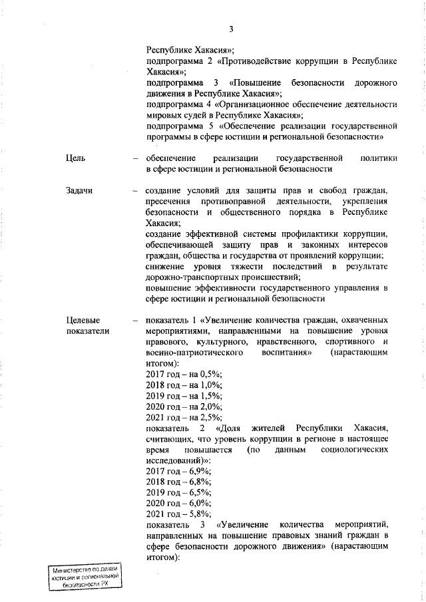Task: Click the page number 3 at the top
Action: (x=230, y=29)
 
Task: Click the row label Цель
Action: (x=76, y=158)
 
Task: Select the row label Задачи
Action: (x=79, y=191)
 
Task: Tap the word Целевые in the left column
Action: (x=82, y=320)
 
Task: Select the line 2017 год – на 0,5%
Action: (x=184, y=375)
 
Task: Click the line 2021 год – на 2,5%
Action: (x=184, y=417)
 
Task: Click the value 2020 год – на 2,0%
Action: (x=184, y=406)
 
